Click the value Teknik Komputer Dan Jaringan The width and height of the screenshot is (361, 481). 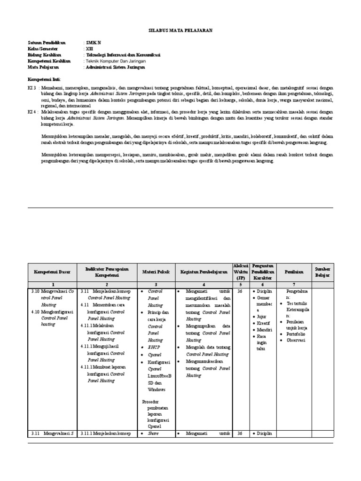tap(116, 61)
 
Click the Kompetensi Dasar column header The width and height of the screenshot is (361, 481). tap(51, 272)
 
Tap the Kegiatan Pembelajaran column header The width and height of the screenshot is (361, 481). tap(204, 272)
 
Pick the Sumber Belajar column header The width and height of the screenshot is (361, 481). tap(322, 272)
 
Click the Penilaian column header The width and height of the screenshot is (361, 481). tap(294, 272)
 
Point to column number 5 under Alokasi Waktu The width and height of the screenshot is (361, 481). tap(241, 285)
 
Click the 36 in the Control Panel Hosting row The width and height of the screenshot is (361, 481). tap(241, 291)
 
